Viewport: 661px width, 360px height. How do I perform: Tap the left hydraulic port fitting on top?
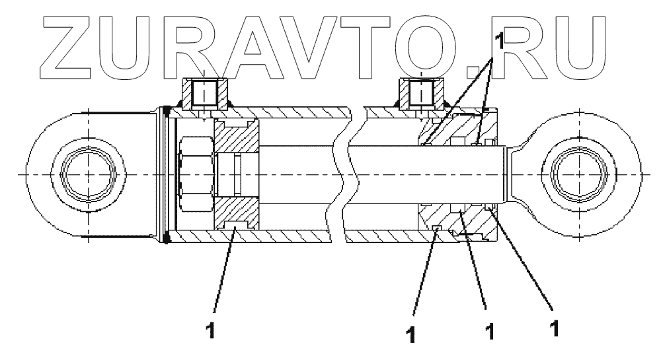coord(204,92)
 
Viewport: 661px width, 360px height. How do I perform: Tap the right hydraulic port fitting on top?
coord(421,92)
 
